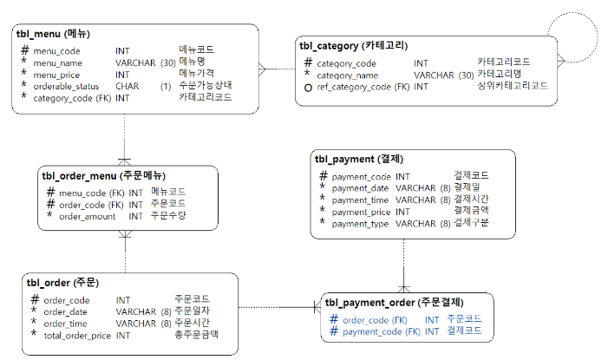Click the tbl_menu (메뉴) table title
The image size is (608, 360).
(x=53, y=34)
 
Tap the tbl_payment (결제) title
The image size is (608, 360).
(x=358, y=159)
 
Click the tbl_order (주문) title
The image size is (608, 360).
(x=62, y=283)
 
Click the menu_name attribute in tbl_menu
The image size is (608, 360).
(x=57, y=62)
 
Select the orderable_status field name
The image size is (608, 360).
(x=67, y=87)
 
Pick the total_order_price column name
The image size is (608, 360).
(x=77, y=335)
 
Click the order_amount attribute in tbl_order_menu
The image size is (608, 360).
(x=87, y=215)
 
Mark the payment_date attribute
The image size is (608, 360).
(x=360, y=187)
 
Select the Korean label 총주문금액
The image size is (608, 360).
(x=196, y=335)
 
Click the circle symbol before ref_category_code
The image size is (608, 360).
(x=307, y=87)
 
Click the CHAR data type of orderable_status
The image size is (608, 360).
(x=127, y=87)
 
